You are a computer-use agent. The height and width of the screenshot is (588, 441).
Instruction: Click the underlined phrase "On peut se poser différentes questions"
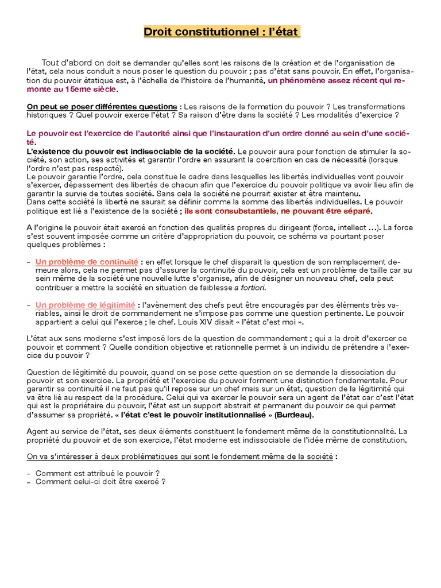coord(102,107)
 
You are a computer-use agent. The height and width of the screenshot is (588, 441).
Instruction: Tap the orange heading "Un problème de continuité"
coord(87,262)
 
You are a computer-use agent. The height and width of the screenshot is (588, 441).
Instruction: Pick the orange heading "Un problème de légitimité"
coord(86,305)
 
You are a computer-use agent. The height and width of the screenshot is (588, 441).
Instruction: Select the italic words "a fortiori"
coord(250,288)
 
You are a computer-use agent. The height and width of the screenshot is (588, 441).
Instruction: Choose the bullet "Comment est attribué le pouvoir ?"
coord(97,474)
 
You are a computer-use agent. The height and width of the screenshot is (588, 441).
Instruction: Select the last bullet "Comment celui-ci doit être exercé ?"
coord(100,482)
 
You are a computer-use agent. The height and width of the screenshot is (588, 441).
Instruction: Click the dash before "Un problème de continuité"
coord(29,262)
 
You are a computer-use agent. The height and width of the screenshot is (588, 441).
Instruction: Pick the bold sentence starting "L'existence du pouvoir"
coord(130,151)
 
